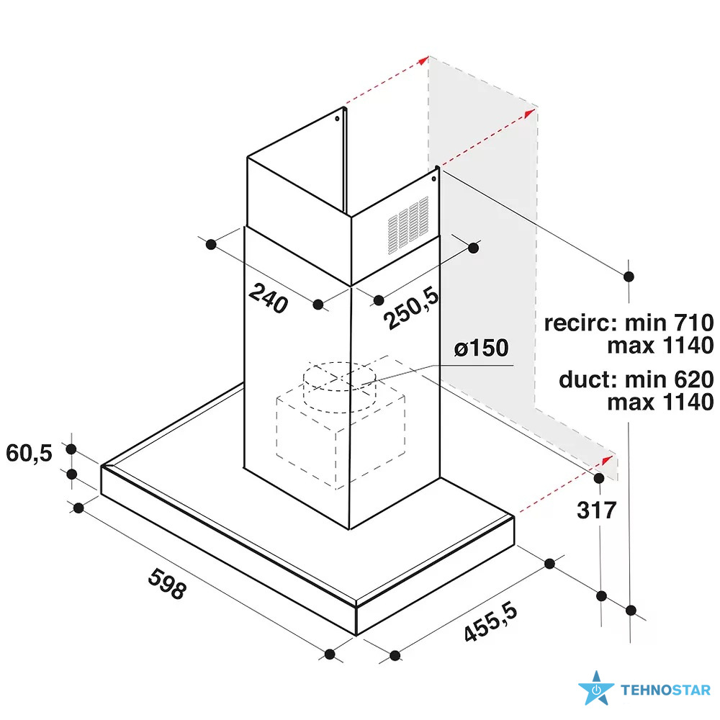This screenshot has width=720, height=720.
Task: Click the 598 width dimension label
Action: (167, 583)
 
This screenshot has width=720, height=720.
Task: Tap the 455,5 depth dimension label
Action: (490, 622)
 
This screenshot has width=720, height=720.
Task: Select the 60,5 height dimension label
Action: (29, 453)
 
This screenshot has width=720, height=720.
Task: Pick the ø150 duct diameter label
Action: (481, 348)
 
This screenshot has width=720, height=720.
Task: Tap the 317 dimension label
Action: (596, 510)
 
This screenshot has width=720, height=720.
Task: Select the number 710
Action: (693, 323)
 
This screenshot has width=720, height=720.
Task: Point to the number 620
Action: (693, 379)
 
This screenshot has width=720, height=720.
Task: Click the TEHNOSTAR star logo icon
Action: (596, 689)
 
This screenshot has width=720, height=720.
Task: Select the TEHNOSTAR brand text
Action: (666, 690)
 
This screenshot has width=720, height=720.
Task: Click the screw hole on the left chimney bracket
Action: (337, 119)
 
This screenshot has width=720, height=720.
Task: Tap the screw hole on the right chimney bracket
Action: (434, 179)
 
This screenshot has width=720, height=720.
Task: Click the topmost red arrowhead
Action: (423, 60)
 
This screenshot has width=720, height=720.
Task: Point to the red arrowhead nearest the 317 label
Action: (607, 459)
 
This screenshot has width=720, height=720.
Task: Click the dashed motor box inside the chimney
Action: (341, 438)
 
